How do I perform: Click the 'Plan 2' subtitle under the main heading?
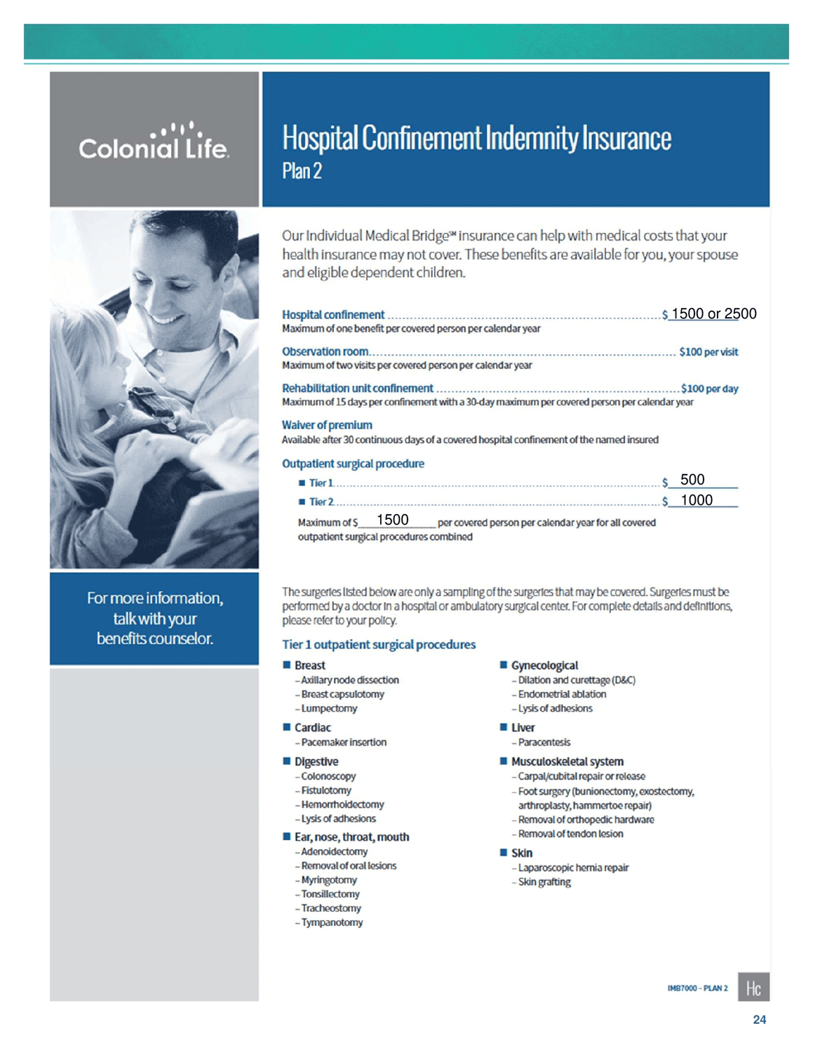click(x=302, y=171)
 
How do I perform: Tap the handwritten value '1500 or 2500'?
click(x=713, y=313)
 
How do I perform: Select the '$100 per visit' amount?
click(x=708, y=352)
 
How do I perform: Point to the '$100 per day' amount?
click(x=709, y=389)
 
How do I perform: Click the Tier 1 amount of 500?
click(x=692, y=480)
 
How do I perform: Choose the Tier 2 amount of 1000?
click(x=697, y=500)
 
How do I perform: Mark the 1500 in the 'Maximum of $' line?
click(x=392, y=520)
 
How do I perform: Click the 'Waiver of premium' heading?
click(x=327, y=425)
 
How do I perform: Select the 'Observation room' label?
click(x=325, y=351)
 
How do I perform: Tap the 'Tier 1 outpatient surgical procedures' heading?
click(x=379, y=645)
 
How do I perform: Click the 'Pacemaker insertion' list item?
click(x=344, y=742)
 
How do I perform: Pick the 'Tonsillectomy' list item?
click(x=330, y=894)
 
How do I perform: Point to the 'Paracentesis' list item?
click(x=544, y=742)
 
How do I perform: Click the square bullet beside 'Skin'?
click(x=503, y=852)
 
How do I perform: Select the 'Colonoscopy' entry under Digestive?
click(x=328, y=776)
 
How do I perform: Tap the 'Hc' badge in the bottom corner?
click(x=753, y=987)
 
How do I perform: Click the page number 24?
click(x=759, y=1020)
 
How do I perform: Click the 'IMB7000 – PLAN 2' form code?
click(x=697, y=988)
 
